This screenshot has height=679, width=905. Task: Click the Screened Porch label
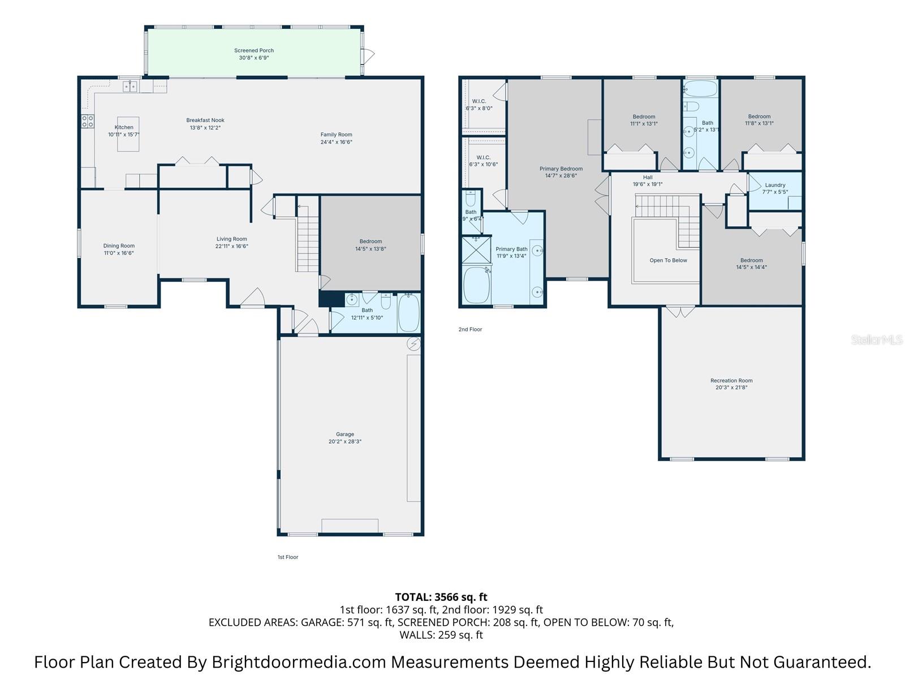coord(254,50)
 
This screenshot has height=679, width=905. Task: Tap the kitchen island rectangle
coord(128,135)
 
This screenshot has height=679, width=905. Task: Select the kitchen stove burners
coord(88,121)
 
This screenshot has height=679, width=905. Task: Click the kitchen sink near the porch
coord(131,87)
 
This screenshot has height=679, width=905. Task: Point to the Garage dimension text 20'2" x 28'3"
coord(344,442)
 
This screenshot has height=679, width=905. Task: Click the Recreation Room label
coord(731,381)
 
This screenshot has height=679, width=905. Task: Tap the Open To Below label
coord(668,260)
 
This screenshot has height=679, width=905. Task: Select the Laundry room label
coord(775,185)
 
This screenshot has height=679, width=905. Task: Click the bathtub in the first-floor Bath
coord(408,312)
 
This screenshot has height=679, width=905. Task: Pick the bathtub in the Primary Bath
coord(476,285)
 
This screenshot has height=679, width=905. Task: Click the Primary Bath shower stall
coord(476,250)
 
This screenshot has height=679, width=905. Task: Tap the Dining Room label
coord(119,246)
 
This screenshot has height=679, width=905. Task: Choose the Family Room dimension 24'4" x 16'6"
coord(336,142)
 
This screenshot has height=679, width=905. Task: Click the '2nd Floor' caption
coord(470,329)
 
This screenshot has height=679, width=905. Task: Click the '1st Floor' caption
coord(287,557)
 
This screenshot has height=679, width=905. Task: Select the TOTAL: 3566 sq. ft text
coord(441,597)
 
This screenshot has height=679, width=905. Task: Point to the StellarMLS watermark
coord(876,340)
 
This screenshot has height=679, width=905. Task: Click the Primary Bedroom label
coord(561,169)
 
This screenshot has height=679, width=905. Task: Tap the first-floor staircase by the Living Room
coord(308,240)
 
